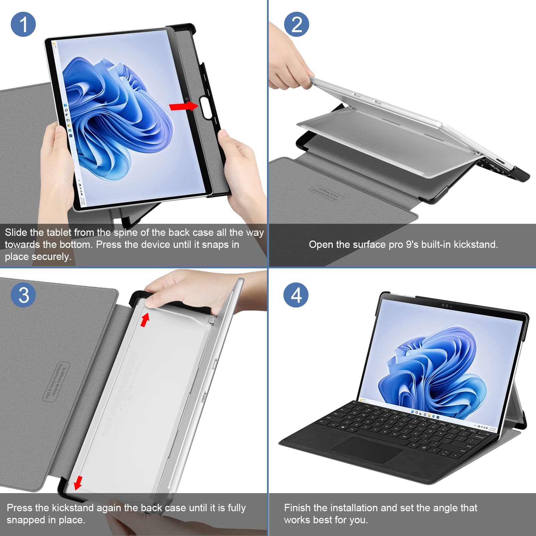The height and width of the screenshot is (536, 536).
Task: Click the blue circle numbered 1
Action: coord(23,24)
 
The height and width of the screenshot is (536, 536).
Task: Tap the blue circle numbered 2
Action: coord(296,24)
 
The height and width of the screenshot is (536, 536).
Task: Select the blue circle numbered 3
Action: coord(23,295)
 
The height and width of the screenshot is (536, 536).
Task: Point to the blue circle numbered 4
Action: coord(296,295)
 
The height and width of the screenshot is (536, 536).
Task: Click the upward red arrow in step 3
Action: coord(145,320)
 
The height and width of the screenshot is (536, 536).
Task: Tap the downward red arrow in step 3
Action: coord(78,483)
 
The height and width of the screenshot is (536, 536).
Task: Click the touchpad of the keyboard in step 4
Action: coord(367,450)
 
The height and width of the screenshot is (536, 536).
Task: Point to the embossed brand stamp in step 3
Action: coord(56,381)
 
